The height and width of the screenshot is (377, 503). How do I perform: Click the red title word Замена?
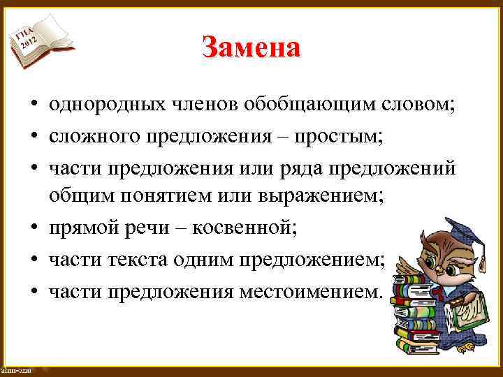pos(251,47)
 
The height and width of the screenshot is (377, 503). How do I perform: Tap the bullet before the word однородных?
pos(33,106)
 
